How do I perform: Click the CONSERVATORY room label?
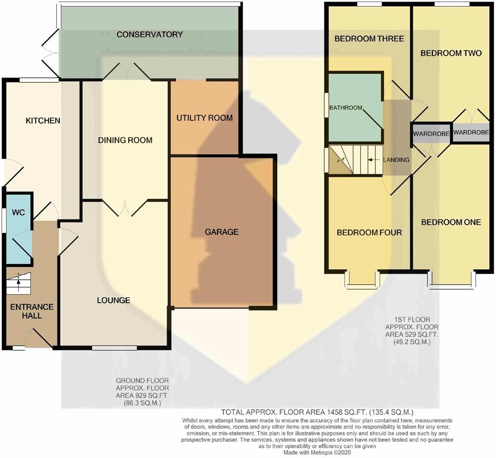coord(149,34)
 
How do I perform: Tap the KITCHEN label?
coord(43,121)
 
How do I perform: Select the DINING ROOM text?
coord(125,140)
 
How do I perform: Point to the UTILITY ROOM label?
coord(205,118)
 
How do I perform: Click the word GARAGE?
coord(221,232)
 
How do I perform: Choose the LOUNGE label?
coord(114,300)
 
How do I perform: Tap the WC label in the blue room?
coord(18,213)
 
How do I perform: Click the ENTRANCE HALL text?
coord(32,311)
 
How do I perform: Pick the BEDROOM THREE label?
coord(369,39)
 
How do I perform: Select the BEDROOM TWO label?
coord(451,53)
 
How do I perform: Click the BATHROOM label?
coord(346,108)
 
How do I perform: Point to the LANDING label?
coord(396,160)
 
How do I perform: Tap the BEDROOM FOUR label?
coord(369,233)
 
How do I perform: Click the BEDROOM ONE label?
coord(451,222)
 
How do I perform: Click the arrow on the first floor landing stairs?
coord(373,160)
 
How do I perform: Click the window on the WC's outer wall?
coord(4,220)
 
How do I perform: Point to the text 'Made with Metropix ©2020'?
coord(317,452)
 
